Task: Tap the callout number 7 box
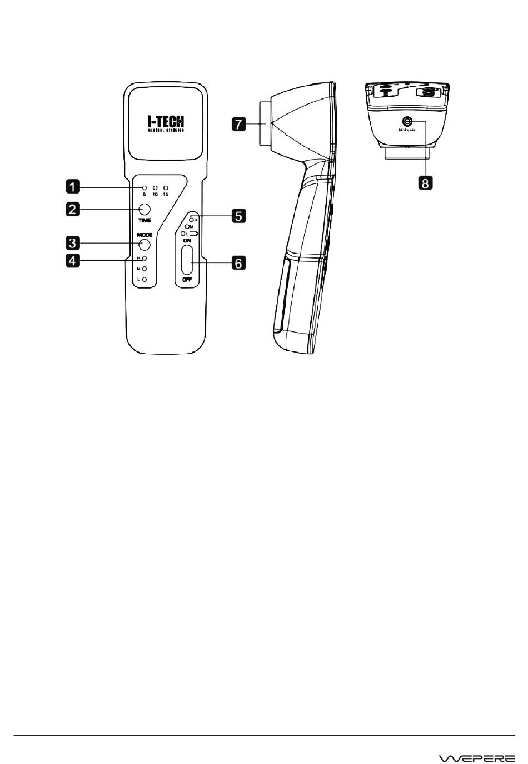click(x=238, y=123)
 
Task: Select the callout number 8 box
click(x=425, y=182)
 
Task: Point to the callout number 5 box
click(x=238, y=215)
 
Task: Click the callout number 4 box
click(x=72, y=260)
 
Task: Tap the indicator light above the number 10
click(x=155, y=188)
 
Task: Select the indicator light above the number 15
click(x=166, y=188)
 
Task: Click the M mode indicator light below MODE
click(x=145, y=269)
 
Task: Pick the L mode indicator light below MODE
click(x=145, y=279)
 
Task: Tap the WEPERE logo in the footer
click(x=477, y=758)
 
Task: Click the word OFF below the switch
click(x=187, y=280)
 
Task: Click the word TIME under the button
click(x=145, y=221)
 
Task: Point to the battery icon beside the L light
click(x=194, y=234)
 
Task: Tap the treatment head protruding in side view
click(x=262, y=123)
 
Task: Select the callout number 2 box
click(x=72, y=209)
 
